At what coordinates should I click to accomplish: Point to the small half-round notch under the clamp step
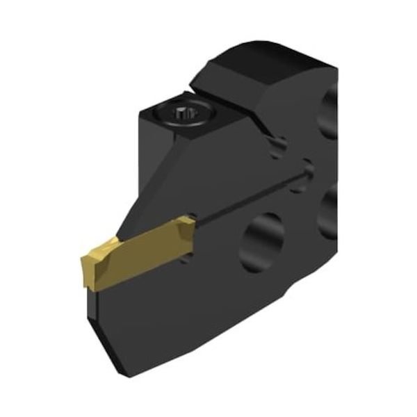(278, 144)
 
